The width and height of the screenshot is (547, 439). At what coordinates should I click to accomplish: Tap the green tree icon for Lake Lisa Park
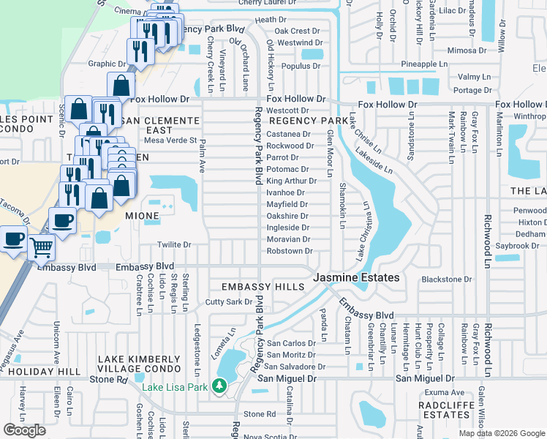[218, 385]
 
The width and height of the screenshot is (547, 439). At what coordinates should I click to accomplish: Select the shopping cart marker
[42, 249]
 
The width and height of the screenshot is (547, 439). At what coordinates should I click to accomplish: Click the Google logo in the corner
[24, 430]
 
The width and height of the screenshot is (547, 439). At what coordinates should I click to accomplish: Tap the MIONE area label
[142, 217]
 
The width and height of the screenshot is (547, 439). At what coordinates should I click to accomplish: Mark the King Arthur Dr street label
[291, 181]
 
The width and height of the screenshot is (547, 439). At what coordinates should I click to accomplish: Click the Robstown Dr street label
[289, 251]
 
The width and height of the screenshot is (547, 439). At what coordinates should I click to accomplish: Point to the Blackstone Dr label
[447, 279]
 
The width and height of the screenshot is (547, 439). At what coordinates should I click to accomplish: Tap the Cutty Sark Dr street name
[228, 301]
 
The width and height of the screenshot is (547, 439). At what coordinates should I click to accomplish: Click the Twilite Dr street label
[174, 245]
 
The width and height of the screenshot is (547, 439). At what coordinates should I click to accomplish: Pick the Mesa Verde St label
[170, 140]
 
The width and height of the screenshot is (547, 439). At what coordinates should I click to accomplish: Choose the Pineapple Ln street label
[424, 64]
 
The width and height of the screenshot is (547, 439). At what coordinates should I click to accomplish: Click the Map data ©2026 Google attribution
[501, 433]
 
